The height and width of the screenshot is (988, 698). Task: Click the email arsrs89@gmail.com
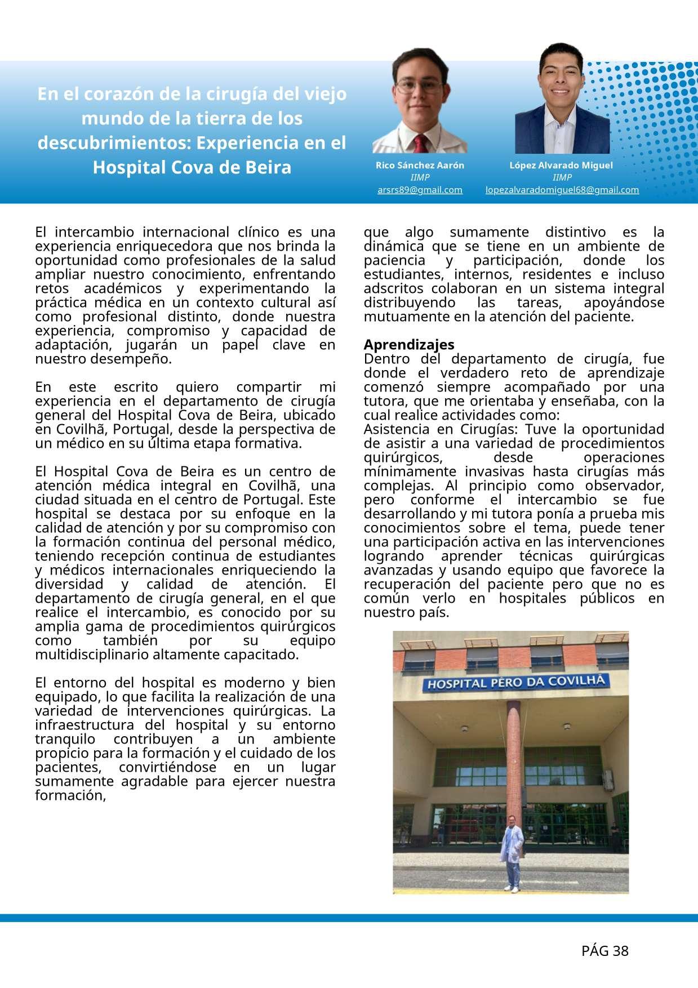pos(420,190)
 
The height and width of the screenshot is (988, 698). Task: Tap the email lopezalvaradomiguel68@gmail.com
pos(562,190)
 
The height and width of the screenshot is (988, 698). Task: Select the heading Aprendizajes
pos(409,344)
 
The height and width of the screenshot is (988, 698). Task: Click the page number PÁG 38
pos(604,951)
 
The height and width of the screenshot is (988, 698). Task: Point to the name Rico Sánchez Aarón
pos(420,165)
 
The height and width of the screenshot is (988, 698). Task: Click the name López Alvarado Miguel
pos(561,165)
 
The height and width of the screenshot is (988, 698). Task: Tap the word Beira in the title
pos(268,167)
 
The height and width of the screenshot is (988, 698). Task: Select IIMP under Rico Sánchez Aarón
pos(420,177)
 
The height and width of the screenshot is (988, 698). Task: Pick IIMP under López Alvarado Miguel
pos(562,177)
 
